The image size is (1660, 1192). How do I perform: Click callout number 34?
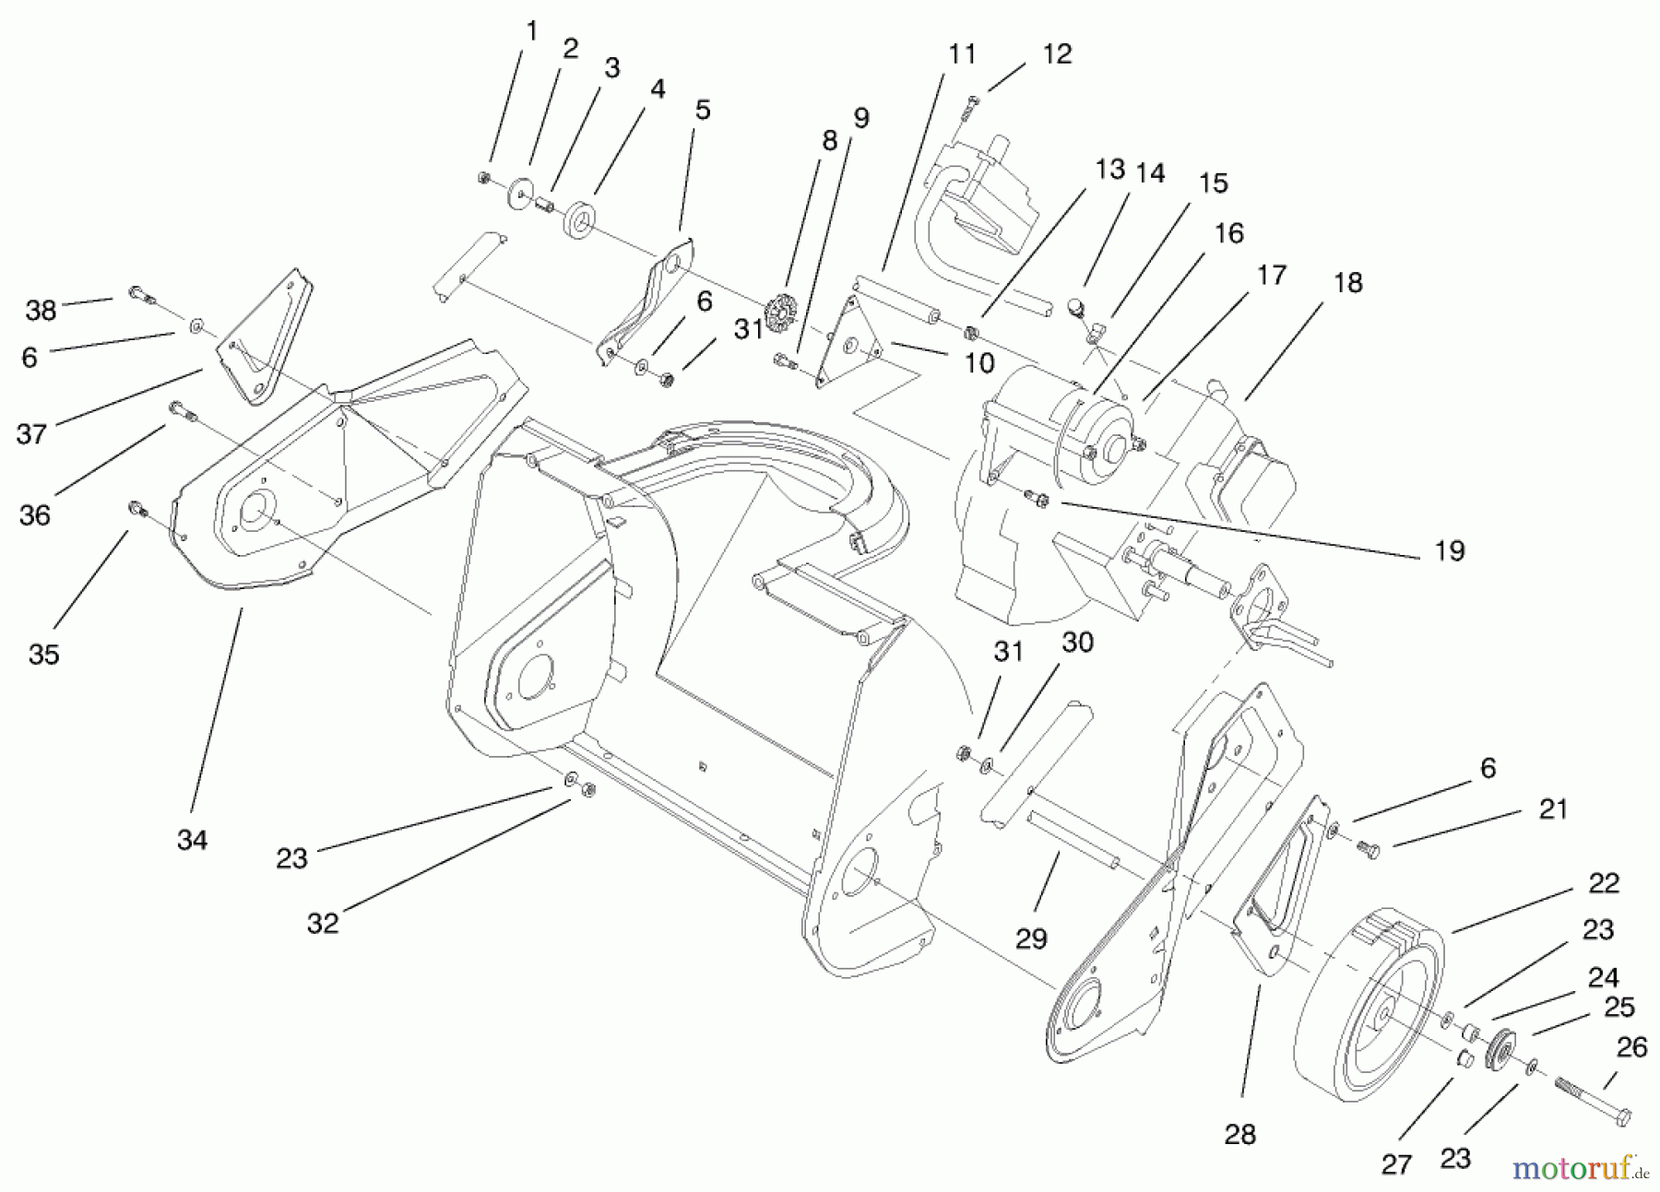(192, 840)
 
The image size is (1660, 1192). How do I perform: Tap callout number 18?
(1347, 283)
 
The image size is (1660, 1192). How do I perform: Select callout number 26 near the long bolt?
(1631, 1048)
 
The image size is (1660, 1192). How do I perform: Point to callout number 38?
(41, 311)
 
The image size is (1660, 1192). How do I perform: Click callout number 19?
(1450, 550)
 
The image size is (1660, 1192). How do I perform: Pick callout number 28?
(1239, 1134)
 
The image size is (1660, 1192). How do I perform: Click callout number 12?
(1057, 54)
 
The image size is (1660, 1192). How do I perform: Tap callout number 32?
(323, 923)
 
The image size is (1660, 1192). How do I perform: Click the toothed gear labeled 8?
(779, 314)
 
